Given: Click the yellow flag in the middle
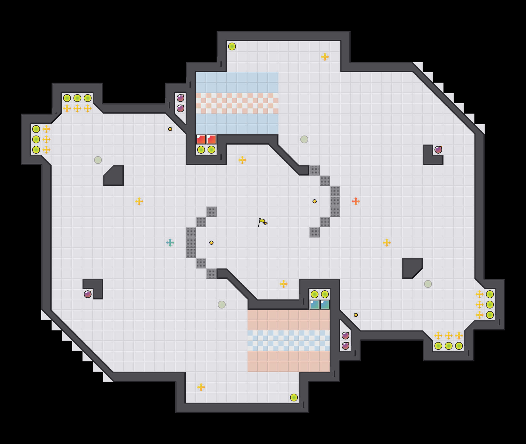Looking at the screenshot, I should (262, 222).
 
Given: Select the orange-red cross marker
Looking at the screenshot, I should (356, 201).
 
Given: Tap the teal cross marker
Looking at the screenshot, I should (170, 243).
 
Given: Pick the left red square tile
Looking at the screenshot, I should (201, 139).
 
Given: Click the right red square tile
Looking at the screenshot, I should (211, 139).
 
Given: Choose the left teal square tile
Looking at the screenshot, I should (315, 305).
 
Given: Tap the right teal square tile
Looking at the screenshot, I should (325, 305).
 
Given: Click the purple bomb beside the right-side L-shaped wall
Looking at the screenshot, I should (438, 150).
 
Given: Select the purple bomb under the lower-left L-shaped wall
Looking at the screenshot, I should (88, 294).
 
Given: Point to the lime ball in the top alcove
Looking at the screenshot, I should (232, 46).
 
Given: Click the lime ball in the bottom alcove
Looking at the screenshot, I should (294, 398).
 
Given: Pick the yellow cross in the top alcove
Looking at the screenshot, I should (325, 57).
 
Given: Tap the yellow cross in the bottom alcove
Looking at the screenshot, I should (201, 387).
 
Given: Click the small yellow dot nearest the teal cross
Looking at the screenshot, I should (211, 243).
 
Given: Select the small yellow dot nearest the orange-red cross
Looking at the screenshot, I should (315, 201).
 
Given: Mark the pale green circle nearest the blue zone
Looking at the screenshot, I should (304, 139).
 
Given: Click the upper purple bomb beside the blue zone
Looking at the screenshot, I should (180, 98).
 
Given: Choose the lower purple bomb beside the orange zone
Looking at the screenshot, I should (346, 346).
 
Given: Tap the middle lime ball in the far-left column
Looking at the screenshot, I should (36, 139).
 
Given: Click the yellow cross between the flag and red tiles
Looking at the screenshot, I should (242, 160).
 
